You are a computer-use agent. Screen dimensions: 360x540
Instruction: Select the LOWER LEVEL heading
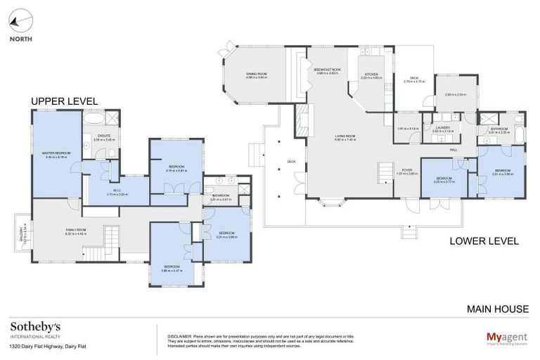(x=484, y=241)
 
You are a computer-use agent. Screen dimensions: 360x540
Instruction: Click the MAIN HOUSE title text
(x=498, y=309)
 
